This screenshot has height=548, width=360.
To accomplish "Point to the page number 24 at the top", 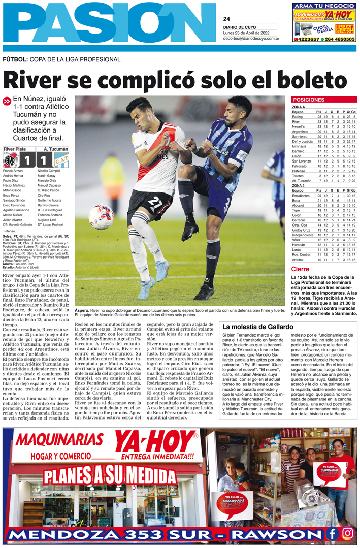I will click(x=226, y=19).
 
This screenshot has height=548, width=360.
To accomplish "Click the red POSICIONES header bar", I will click(x=323, y=100).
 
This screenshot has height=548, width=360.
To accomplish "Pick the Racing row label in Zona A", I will click(x=298, y=117).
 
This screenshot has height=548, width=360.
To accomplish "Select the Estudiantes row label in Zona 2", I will click(x=301, y=196).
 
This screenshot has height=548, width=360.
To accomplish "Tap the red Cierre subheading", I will click(x=300, y=269).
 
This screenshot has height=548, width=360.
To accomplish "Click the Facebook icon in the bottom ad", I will click(x=333, y=533).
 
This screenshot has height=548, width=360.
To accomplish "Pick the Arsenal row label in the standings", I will click(x=298, y=259).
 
